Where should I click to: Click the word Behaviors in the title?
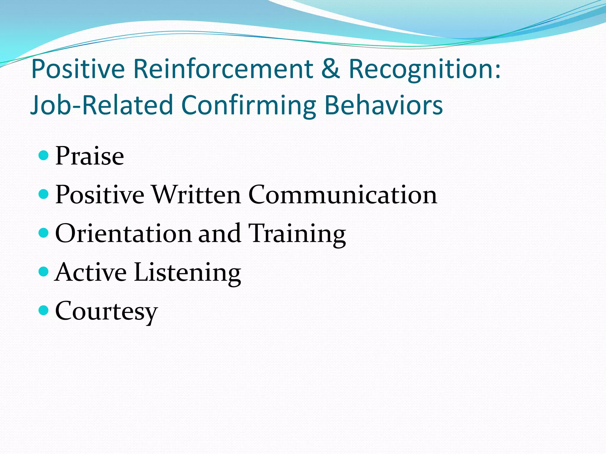384,105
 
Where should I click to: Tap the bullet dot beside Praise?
43,155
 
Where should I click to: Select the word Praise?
89,156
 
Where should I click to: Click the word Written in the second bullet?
196,194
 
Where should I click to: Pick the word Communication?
343,194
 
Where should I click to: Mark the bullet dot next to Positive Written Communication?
43,194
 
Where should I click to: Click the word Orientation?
123,233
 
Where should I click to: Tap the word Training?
297,234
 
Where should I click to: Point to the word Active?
91,272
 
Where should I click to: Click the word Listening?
187,273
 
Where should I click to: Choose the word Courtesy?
106,311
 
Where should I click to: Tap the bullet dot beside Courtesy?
43,310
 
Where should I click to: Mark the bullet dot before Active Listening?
43,272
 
